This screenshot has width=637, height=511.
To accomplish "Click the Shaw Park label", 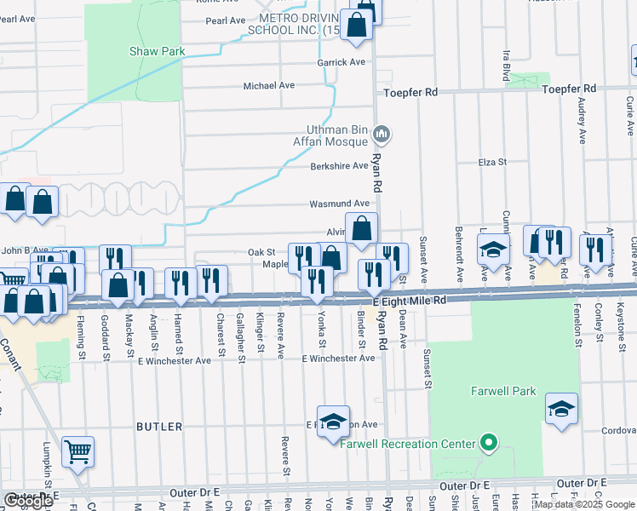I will (x=157, y=52).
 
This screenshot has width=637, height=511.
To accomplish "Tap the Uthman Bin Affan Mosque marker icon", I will (x=382, y=134).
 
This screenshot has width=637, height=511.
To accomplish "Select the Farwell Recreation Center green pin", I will (x=488, y=443).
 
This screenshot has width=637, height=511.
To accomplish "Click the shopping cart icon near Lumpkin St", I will (x=77, y=451).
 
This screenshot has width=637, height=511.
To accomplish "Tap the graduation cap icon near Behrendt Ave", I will (x=491, y=250).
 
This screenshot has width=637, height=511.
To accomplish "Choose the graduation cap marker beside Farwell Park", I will (x=561, y=408).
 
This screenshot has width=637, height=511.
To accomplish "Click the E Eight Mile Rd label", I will (x=410, y=301).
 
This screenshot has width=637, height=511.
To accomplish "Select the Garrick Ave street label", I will (x=341, y=62).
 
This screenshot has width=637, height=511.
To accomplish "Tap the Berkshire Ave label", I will (x=339, y=166).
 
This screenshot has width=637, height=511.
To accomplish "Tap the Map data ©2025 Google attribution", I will (x=584, y=504).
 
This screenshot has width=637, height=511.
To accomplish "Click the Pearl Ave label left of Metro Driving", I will (x=225, y=20).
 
